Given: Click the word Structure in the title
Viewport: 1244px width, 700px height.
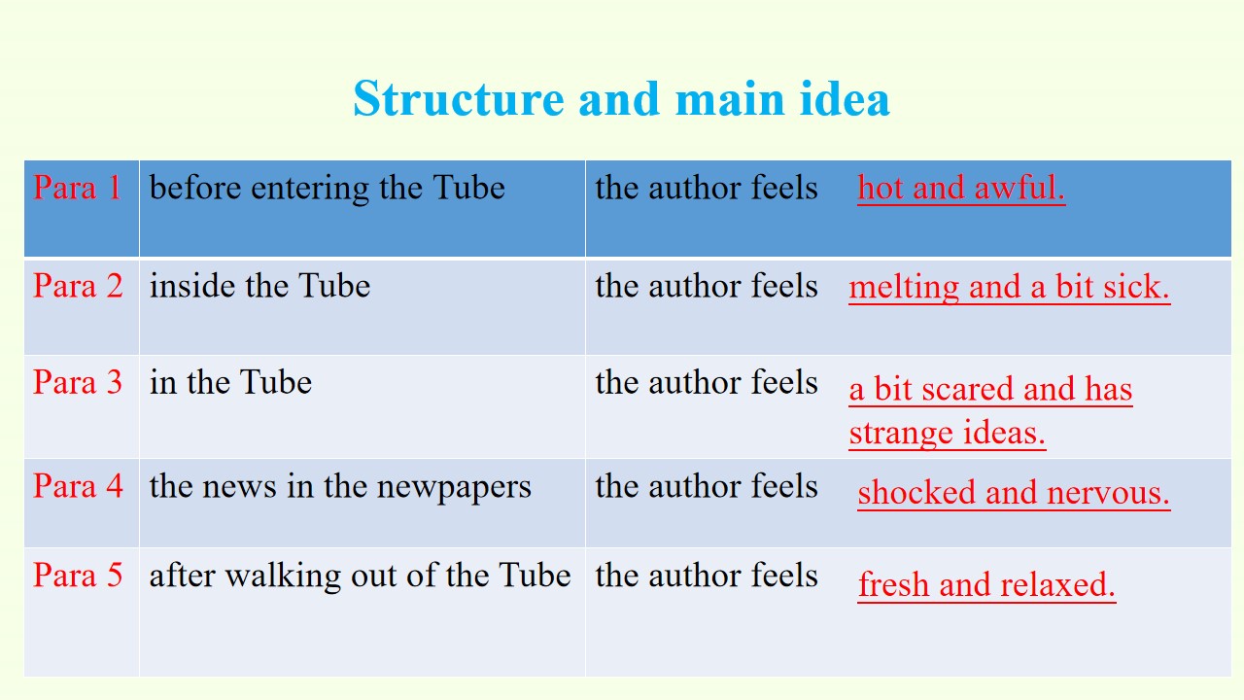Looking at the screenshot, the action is [459, 99].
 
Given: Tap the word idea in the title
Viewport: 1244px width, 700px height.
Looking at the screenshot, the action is [845, 98].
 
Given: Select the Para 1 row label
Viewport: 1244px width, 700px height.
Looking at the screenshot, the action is [77, 188].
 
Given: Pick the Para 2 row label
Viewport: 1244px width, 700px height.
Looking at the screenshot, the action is [78, 286].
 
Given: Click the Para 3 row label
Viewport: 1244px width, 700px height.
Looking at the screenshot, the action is [78, 382].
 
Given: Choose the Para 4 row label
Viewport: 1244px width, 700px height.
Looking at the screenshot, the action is [78, 486].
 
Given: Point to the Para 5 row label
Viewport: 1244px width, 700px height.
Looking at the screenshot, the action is [78, 575].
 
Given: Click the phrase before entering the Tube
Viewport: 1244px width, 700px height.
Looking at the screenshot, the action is [328, 188].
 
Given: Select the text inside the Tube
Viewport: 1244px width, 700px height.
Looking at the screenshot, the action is [259, 286].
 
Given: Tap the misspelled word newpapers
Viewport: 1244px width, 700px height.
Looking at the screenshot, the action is [454, 488].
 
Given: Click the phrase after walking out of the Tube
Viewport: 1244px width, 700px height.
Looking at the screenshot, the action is [360, 576].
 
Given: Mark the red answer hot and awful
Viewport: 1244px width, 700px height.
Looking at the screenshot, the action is [961, 188].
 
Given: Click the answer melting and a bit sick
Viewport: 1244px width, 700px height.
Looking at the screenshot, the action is [1010, 287].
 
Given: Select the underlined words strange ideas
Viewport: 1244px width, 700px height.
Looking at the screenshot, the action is [948, 433].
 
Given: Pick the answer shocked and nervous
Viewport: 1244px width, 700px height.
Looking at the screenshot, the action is [1014, 493].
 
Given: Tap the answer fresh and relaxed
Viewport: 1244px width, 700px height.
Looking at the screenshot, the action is [986, 585].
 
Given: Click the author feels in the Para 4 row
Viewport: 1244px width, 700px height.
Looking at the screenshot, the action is [707, 486].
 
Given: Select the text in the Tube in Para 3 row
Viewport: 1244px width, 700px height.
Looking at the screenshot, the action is [230, 382].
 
